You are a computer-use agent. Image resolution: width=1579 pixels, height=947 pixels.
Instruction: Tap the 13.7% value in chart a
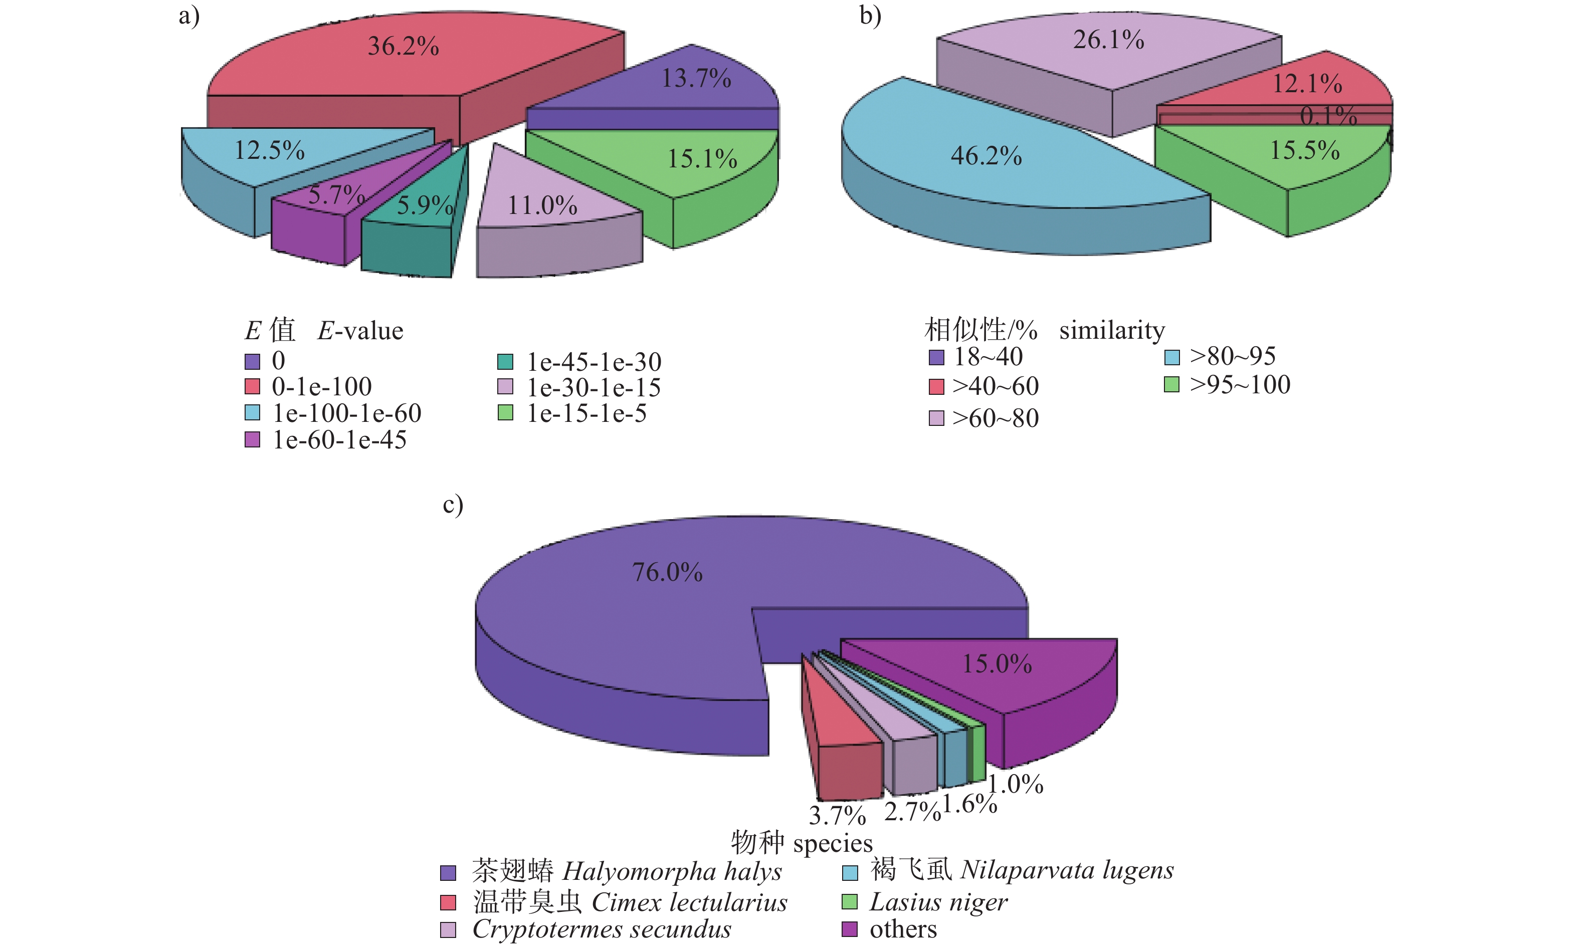[x=696, y=79]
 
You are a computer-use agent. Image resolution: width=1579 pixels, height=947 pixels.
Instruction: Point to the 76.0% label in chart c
[x=667, y=572]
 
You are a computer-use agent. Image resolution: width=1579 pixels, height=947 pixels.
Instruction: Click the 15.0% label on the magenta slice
[x=997, y=664]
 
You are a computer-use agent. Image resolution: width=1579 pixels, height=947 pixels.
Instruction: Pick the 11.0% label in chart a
[x=542, y=205]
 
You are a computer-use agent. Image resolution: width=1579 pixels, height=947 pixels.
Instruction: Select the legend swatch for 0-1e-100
[x=252, y=387]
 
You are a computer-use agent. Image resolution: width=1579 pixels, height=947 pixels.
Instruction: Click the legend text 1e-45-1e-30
[x=594, y=362]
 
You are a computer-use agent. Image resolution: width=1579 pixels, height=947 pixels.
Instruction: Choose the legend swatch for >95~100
[x=1171, y=385]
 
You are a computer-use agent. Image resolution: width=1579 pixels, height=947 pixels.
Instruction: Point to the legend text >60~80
[x=995, y=418]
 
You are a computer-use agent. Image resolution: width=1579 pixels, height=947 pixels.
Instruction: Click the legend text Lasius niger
[x=938, y=902]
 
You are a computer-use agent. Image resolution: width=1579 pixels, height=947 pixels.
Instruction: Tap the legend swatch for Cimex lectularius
[x=448, y=902]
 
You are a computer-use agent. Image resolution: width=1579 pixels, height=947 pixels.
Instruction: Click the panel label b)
[x=870, y=16]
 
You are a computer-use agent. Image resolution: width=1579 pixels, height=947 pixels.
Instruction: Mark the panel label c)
[x=453, y=505]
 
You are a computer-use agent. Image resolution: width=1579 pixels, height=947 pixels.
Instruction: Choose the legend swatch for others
[x=850, y=929]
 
